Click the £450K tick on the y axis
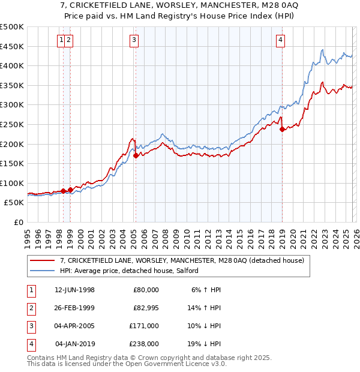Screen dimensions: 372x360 (x=12, y=46)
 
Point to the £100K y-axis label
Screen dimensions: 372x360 (x=12, y=183)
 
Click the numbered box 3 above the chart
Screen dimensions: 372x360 (x=133, y=40)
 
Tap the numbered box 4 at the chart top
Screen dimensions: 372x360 (x=280, y=40)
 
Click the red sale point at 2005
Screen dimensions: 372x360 (x=136, y=155)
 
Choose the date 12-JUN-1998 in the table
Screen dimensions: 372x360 (x=74, y=289)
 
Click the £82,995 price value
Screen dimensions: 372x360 (x=145, y=307)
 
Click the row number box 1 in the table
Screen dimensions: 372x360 (x=31, y=289)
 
